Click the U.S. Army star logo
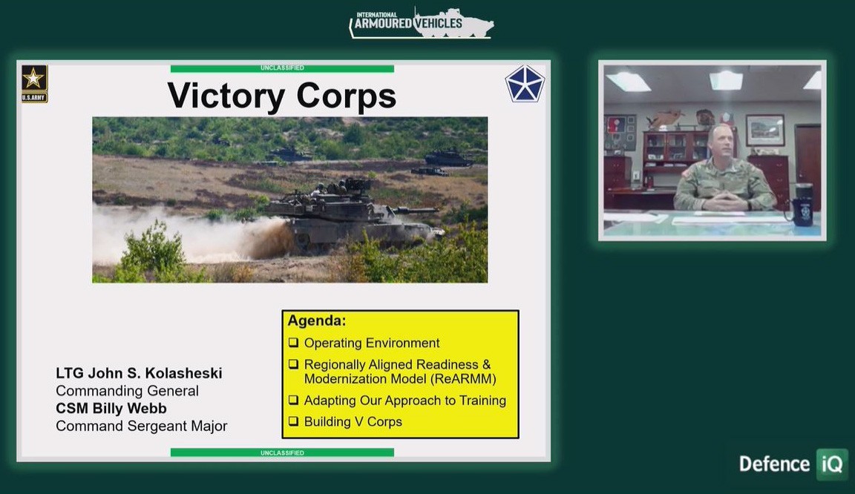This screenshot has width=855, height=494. pyautogui.click(x=34, y=83)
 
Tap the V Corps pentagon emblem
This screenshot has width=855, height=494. pyautogui.click(x=525, y=84)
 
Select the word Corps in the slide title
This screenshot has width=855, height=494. pyautogui.click(x=347, y=96)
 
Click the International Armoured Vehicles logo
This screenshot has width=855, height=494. pyautogui.click(x=421, y=23)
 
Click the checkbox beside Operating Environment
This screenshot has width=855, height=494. pyautogui.click(x=293, y=343)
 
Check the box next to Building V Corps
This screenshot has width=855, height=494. pyautogui.click(x=293, y=421)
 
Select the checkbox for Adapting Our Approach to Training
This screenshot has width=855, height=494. pyautogui.click(x=293, y=400)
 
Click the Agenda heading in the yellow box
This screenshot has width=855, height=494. pyautogui.click(x=317, y=320)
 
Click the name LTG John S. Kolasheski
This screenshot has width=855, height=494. pyautogui.click(x=139, y=374)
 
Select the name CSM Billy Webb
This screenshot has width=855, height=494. pyautogui.click(x=111, y=409)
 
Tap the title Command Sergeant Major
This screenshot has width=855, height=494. pyautogui.click(x=141, y=426)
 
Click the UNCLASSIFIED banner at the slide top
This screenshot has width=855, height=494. pyautogui.click(x=282, y=68)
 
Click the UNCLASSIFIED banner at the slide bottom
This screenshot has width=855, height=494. pyautogui.click(x=282, y=452)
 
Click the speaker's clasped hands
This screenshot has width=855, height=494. pyautogui.click(x=724, y=201)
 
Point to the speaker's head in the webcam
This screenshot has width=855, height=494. pyautogui.click(x=721, y=140)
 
